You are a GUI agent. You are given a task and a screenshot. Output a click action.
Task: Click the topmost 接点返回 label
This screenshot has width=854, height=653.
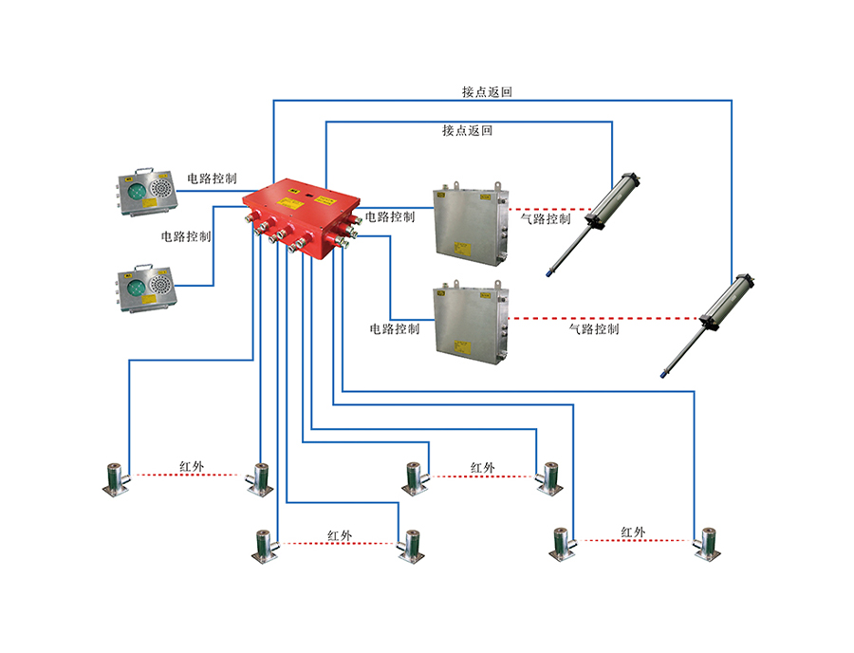(488, 92)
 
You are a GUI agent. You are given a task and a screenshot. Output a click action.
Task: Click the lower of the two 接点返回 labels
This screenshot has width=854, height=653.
(467, 130)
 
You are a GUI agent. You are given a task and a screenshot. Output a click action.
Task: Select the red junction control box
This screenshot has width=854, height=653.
(302, 217)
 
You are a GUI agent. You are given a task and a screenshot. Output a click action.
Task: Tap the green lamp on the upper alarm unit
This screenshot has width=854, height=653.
(135, 191)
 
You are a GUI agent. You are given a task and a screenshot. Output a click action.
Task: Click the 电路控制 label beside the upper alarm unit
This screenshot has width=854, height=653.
(212, 177)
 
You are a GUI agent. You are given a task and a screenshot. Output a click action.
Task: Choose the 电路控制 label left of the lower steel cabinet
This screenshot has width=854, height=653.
(395, 329)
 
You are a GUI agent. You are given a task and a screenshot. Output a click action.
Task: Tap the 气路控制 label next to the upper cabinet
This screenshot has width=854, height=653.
(546, 218)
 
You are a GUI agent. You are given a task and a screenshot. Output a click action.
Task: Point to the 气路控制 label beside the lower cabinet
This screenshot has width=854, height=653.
(594, 329)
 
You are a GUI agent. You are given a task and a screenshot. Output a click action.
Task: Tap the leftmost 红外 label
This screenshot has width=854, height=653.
(192, 467)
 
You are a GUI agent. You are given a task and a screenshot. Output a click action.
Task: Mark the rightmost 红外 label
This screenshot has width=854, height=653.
(633, 532)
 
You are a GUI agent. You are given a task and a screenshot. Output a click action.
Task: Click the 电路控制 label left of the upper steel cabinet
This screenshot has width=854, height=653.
(390, 216)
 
